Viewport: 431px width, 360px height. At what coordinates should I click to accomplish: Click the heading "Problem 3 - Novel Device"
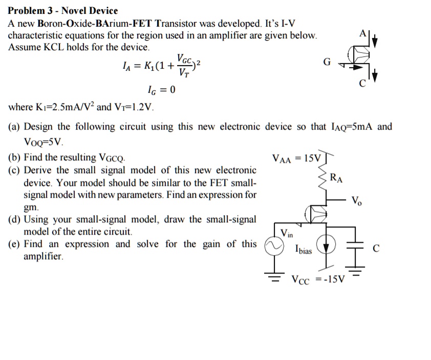63,10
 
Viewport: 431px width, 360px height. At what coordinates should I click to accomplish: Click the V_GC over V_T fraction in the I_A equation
184,65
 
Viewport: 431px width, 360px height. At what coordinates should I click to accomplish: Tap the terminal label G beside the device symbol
328,62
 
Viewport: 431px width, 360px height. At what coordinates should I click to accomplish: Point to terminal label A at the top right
362,34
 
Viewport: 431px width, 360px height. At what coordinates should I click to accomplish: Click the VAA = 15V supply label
296,159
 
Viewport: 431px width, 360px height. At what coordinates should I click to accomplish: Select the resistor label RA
336,179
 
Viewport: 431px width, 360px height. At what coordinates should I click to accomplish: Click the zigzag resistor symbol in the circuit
322,179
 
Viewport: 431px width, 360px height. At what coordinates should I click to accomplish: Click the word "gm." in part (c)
31,208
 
